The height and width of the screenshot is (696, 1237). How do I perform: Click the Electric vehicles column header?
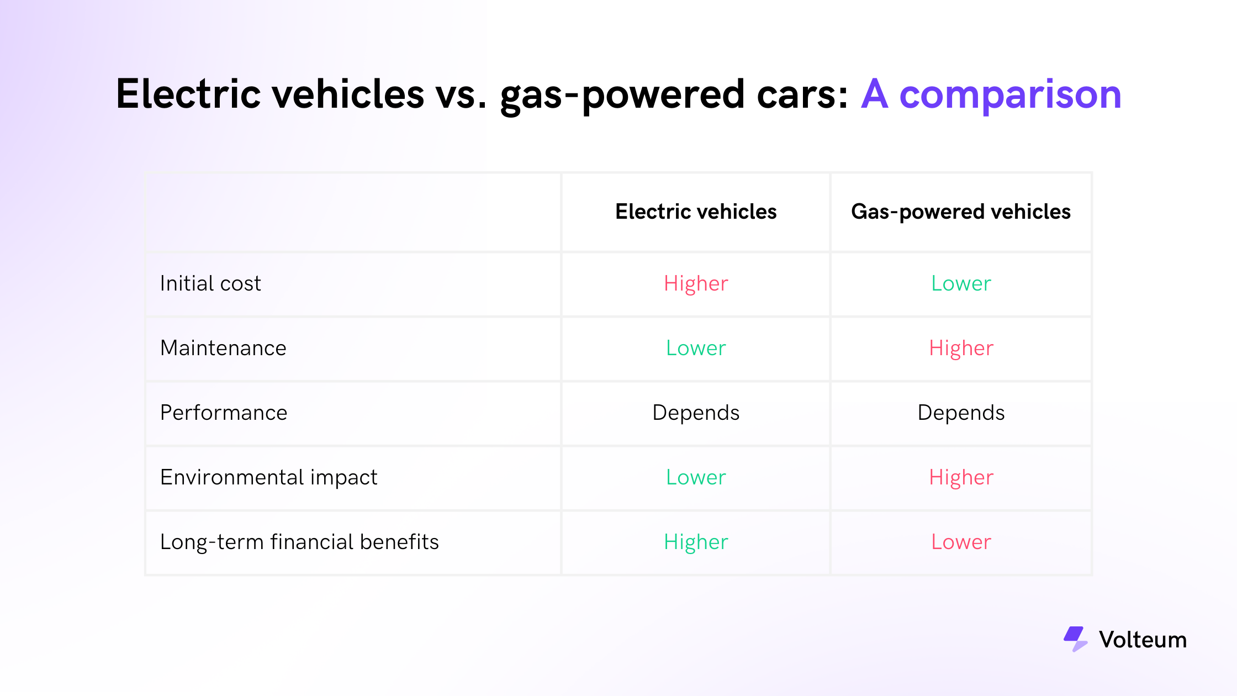click(696, 212)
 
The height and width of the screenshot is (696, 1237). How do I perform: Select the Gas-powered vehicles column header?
click(961, 212)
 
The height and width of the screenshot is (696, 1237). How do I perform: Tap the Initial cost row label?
click(210, 283)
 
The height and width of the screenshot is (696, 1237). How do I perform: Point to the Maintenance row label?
click(223, 348)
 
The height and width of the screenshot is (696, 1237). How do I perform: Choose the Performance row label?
click(224, 413)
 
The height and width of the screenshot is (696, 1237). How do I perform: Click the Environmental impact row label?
click(269, 478)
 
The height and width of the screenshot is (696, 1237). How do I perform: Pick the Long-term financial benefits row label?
click(299, 542)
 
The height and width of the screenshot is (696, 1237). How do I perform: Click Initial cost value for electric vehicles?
click(696, 284)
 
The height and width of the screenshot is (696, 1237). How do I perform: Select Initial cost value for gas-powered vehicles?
click(961, 283)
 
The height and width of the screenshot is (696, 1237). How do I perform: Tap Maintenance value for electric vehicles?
click(696, 348)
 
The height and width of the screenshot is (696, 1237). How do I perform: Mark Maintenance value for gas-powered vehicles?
click(961, 349)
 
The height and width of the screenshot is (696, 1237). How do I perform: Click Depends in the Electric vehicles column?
click(696, 413)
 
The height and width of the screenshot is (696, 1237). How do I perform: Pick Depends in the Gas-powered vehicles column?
click(961, 413)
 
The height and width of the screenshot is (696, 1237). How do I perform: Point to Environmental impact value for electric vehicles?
click(696, 477)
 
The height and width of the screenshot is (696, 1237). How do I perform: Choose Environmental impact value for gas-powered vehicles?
click(961, 478)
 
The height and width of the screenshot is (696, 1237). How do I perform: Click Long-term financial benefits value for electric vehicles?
click(696, 542)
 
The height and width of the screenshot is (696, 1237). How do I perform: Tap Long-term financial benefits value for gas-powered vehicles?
click(961, 542)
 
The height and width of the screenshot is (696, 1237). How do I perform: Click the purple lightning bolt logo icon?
click(1075, 639)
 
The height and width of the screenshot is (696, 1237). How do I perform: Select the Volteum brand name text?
click(1143, 640)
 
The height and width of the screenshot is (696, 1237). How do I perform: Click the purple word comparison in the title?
click(1010, 95)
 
